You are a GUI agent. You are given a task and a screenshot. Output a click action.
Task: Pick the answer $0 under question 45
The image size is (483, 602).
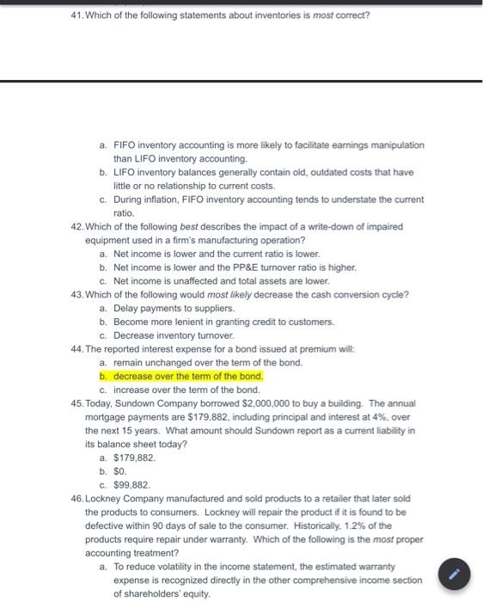click(119, 471)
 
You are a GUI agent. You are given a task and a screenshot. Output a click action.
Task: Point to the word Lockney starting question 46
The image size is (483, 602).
click(104, 498)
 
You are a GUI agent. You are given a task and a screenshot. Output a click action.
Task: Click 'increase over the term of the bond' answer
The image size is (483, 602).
click(186, 390)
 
